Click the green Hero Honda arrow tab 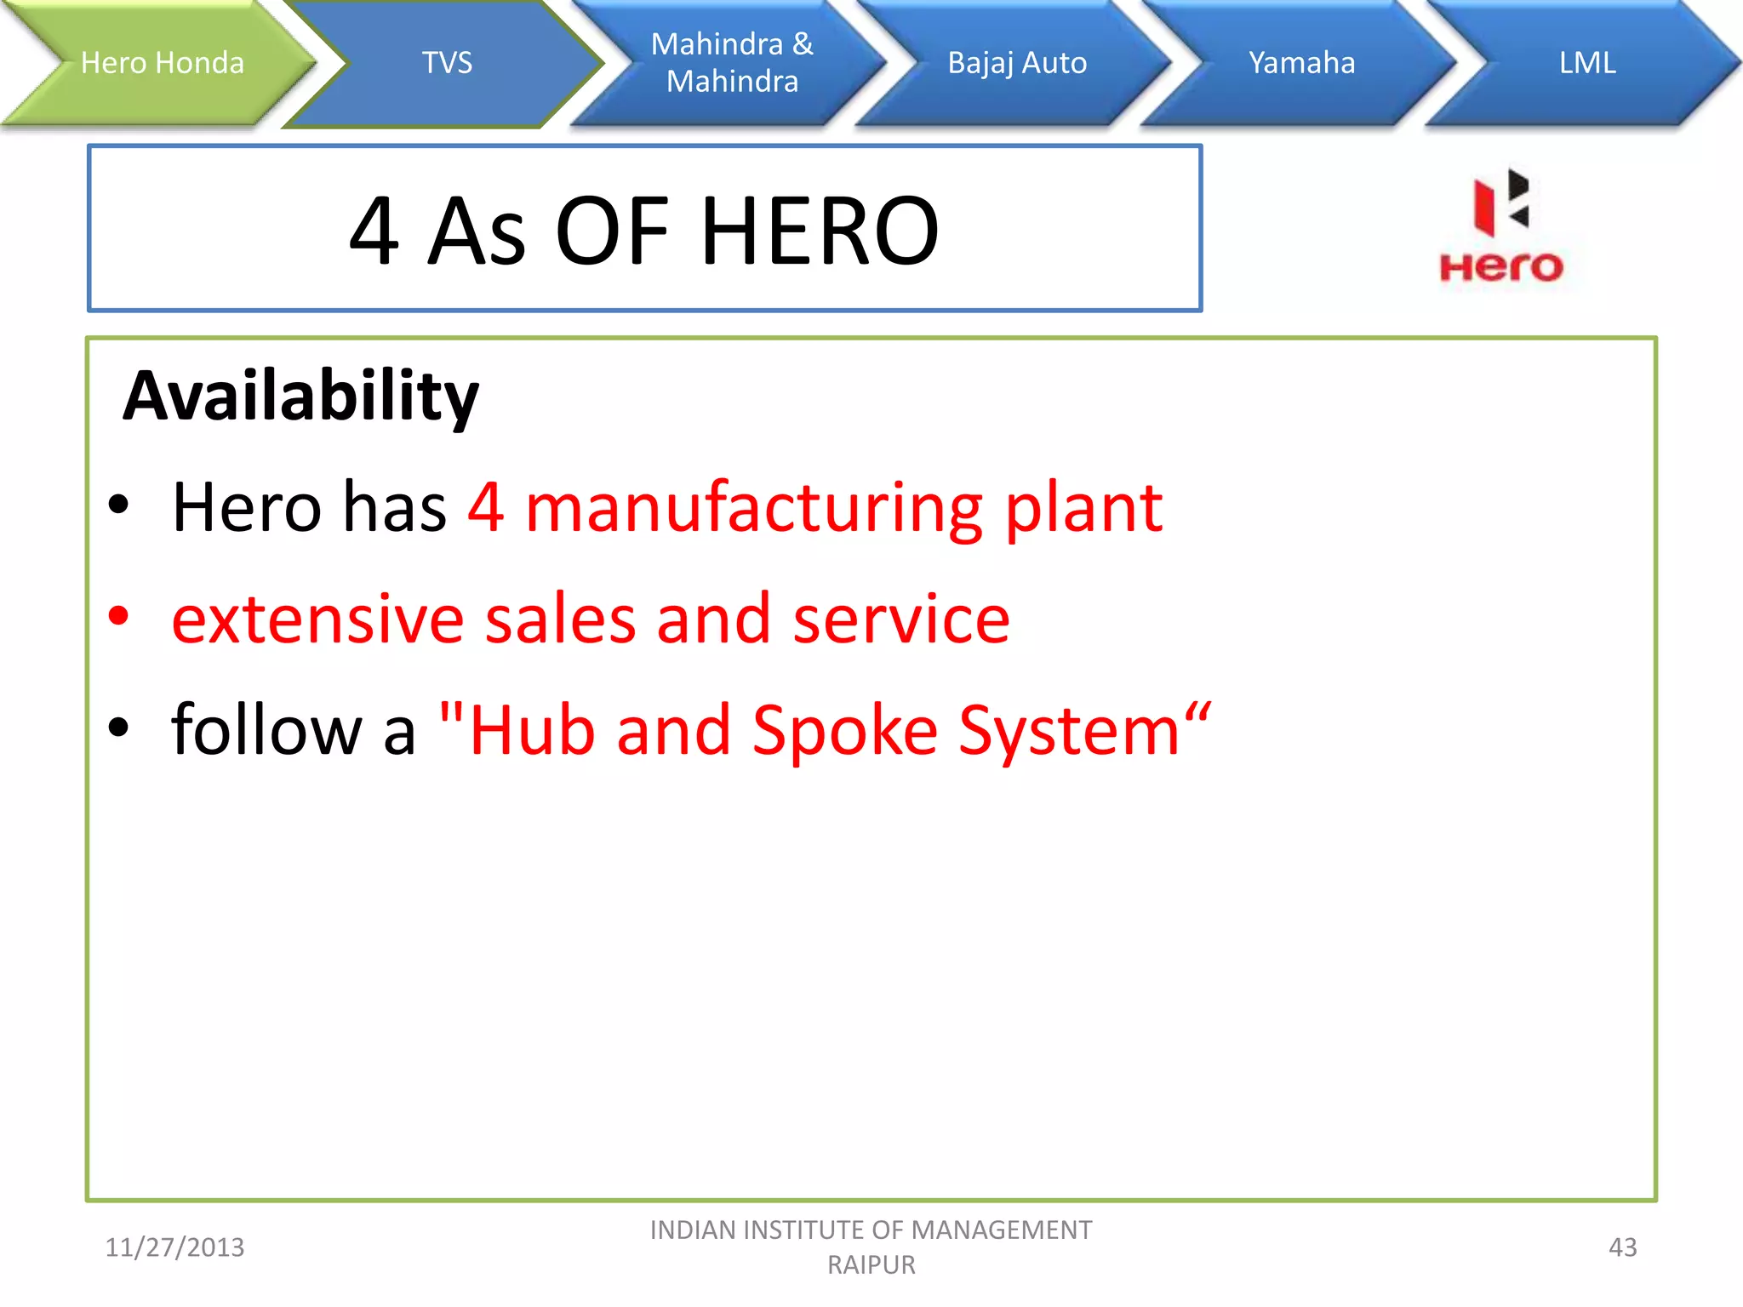coord(162,63)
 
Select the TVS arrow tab coord(447,63)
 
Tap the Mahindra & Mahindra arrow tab coord(732,63)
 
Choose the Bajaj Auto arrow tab coord(1017,63)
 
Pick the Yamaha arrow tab coord(1301,63)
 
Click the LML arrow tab coord(1587,63)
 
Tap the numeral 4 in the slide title coord(374,231)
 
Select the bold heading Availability coord(301,397)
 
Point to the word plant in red coord(1083,508)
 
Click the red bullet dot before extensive coord(118,616)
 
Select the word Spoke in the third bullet coord(844,731)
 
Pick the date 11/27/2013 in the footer coord(174,1247)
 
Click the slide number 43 coord(1622,1247)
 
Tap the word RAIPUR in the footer coord(871,1265)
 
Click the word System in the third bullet coord(1069,731)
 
